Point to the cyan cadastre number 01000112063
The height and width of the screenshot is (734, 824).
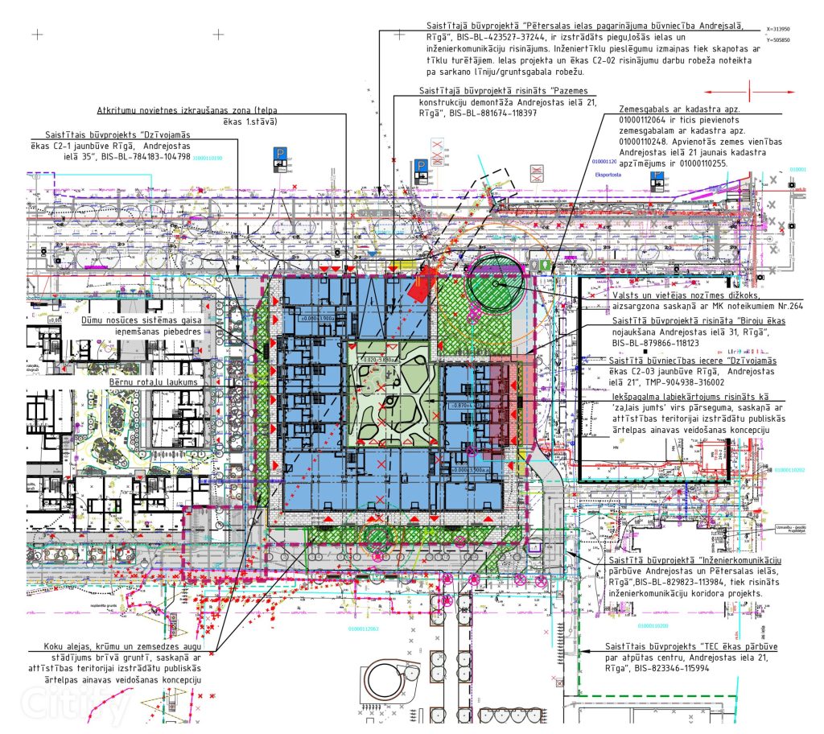point(364,629)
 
